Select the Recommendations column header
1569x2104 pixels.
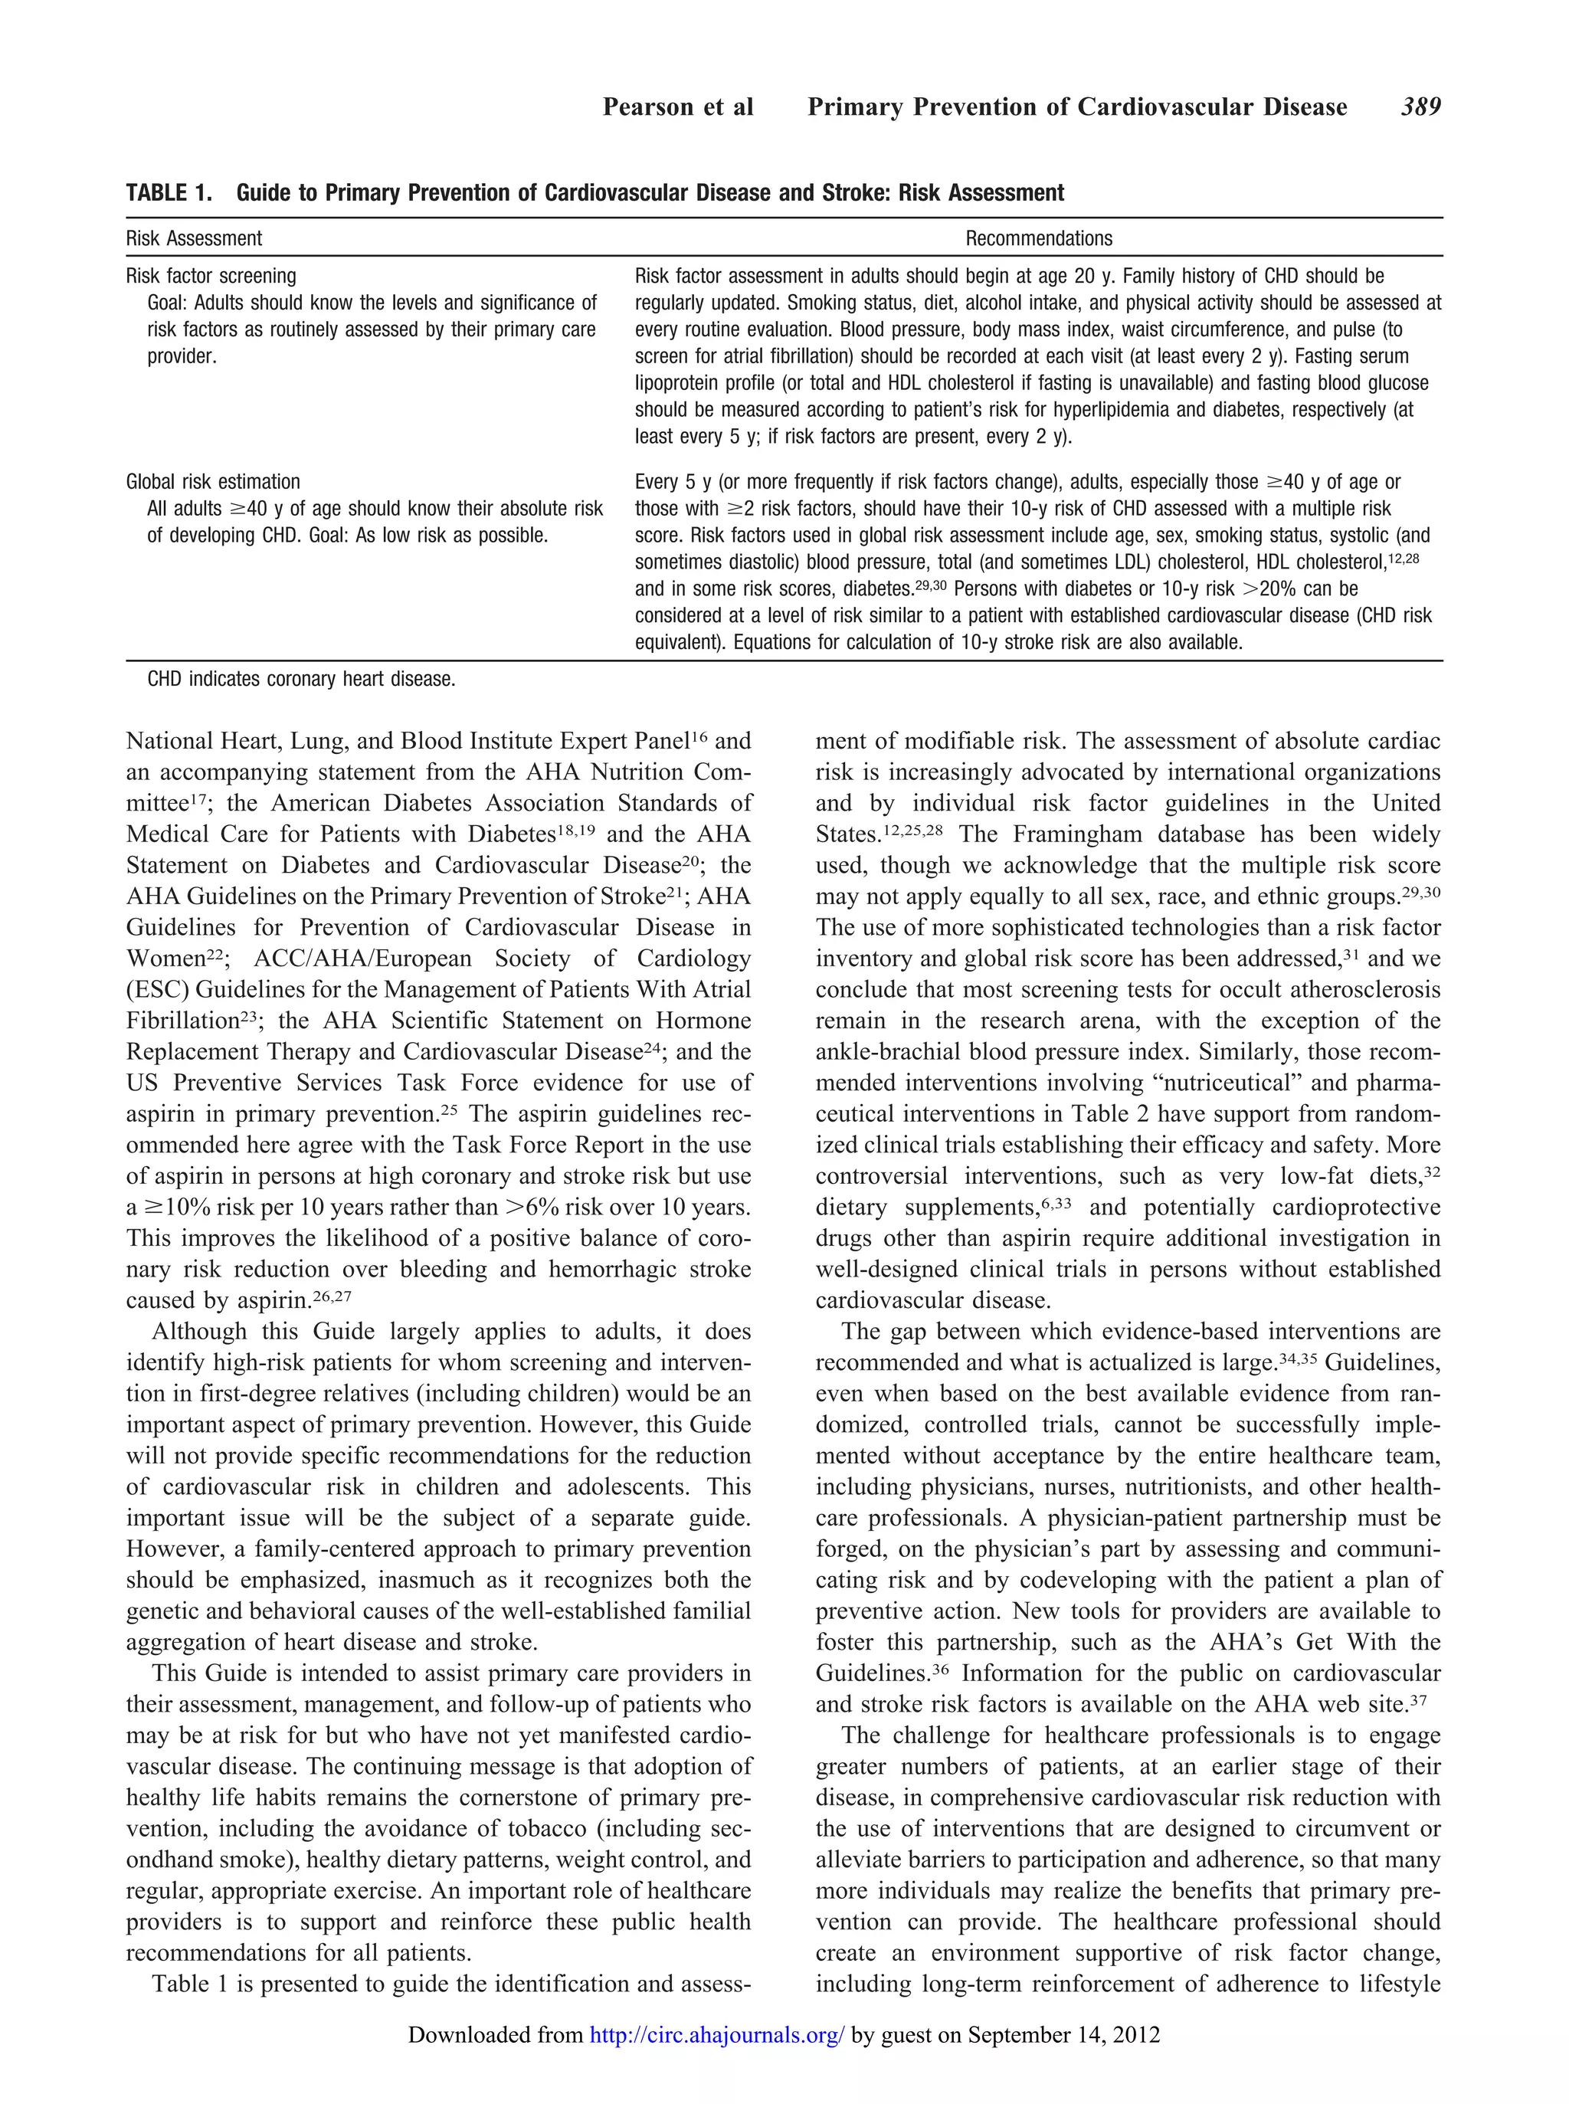[1038, 238]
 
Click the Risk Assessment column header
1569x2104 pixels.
[194, 238]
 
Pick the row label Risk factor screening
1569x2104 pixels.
[211, 277]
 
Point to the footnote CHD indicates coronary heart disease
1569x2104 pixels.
[301, 680]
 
